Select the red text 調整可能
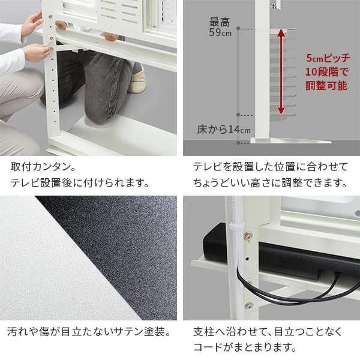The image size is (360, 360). click(x=326, y=85)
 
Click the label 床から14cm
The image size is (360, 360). click(x=223, y=130)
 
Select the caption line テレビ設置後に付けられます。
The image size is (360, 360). click(x=78, y=182)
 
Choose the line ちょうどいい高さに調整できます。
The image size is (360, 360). click(x=270, y=182)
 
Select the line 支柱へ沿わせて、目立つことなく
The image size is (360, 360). click(x=270, y=331)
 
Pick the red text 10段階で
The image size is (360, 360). click(x=326, y=72)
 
